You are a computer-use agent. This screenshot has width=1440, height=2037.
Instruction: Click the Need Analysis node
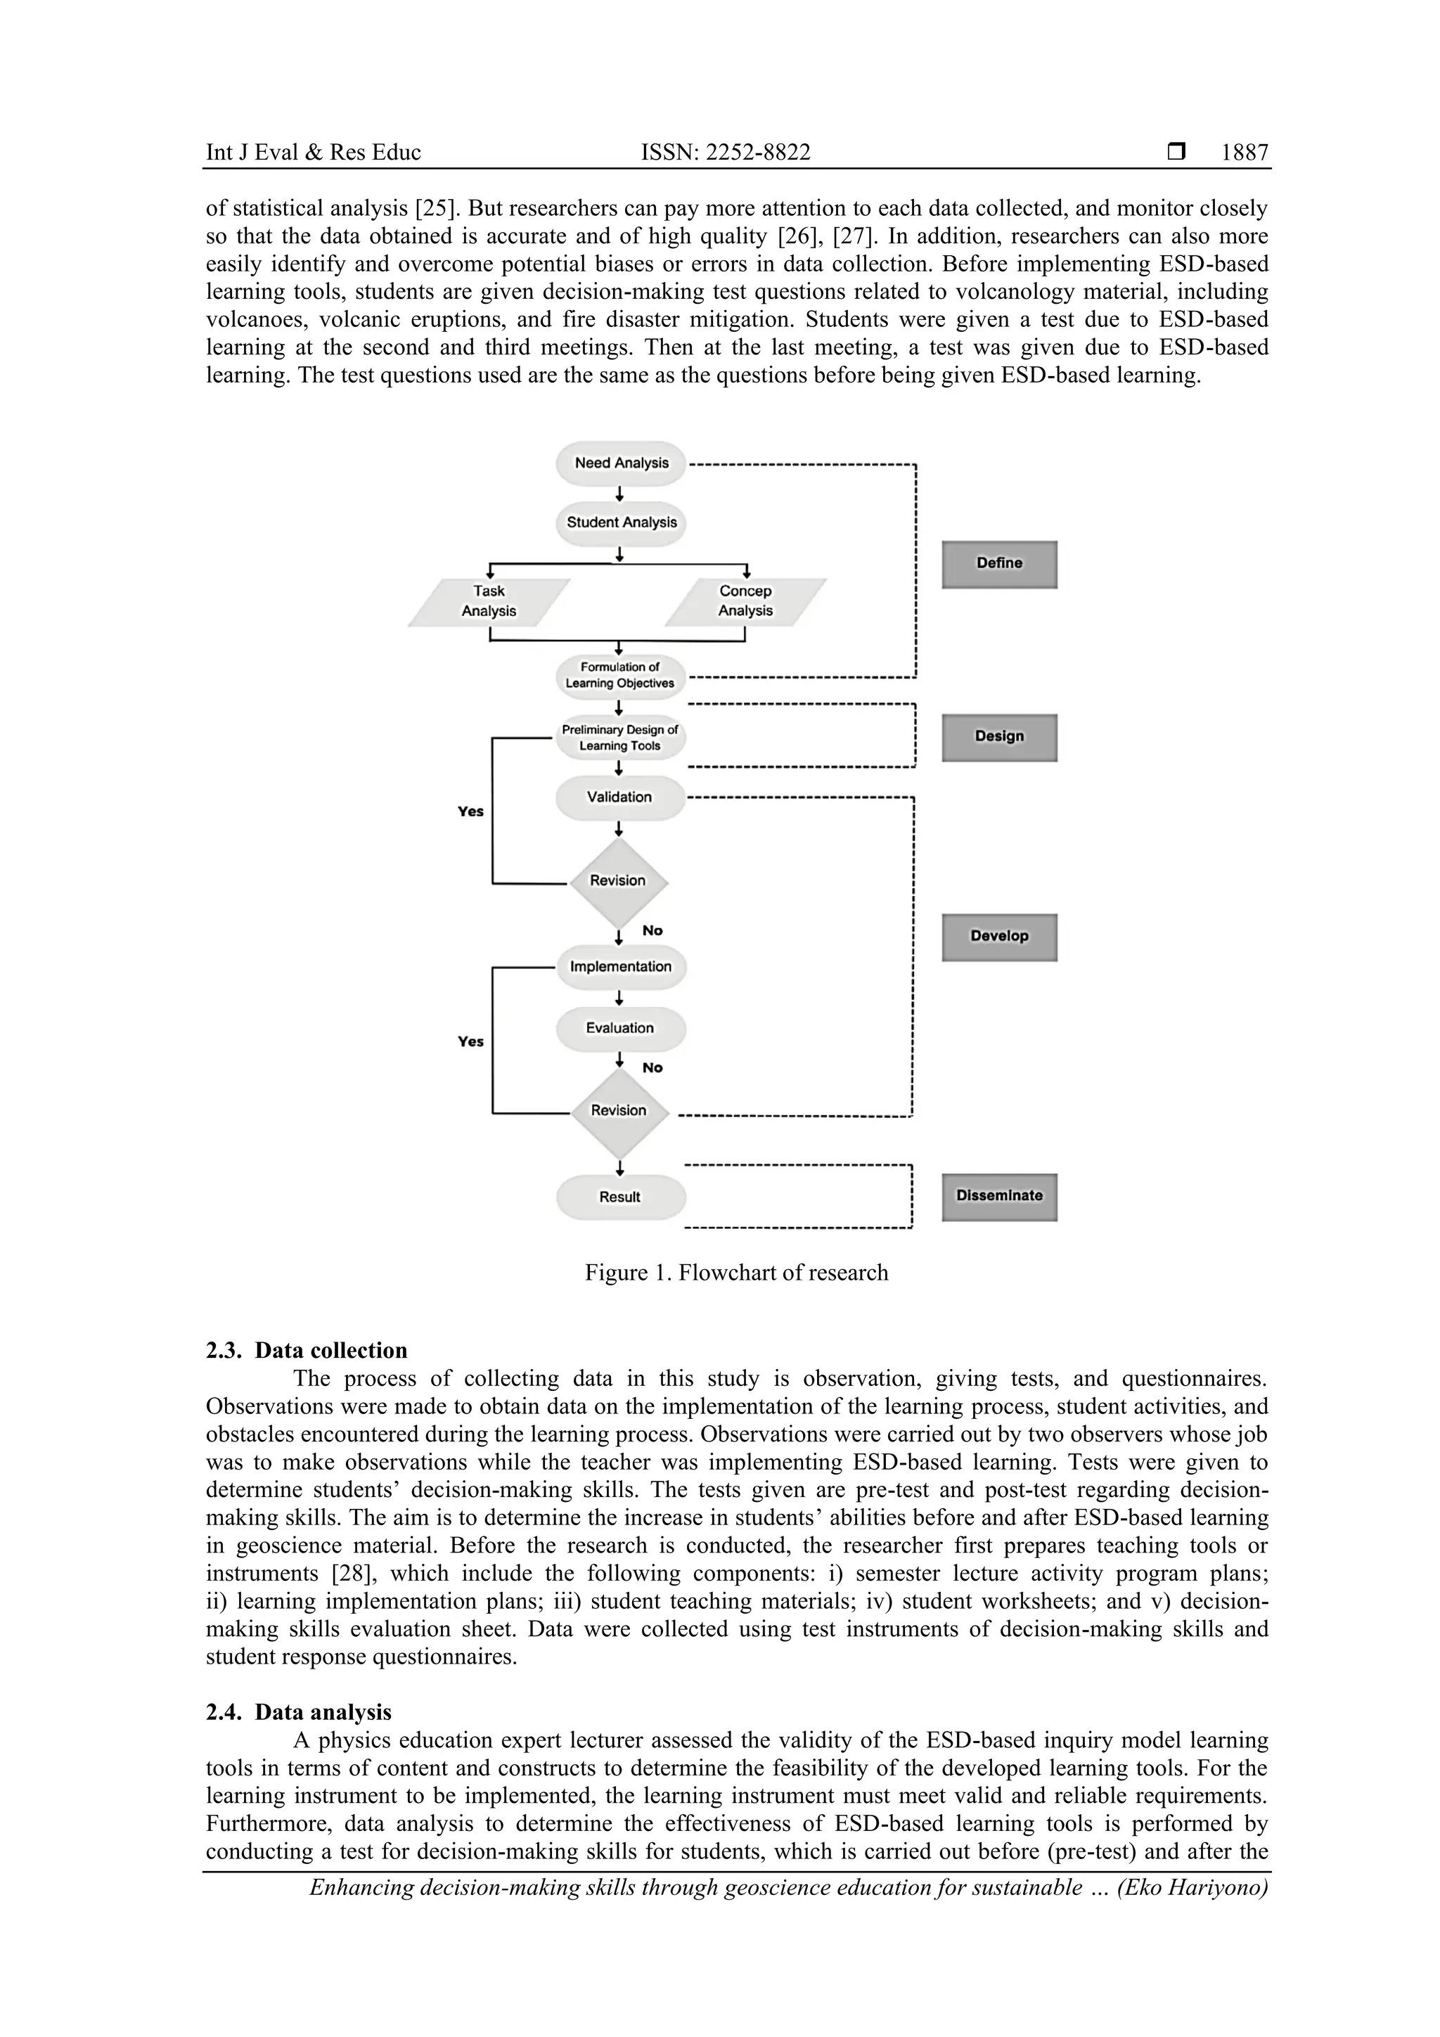[621, 463]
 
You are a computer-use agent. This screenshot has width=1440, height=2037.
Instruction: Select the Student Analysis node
[621, 522]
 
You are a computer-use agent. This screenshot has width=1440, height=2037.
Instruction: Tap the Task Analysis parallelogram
[489, 601]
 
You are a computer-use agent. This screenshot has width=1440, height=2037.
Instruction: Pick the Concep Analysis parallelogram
[745, 601]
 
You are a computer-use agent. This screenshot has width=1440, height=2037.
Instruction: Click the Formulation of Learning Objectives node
[620, 675]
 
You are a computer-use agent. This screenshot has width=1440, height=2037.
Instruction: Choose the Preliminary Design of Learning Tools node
[620, 738]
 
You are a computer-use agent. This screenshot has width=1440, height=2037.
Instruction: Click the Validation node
[620, 797]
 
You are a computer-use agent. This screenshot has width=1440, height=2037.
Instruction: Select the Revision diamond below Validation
[619, 881]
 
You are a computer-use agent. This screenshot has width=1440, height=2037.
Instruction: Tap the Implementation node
[621, 967]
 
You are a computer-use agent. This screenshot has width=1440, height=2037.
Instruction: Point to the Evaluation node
[620, 1028]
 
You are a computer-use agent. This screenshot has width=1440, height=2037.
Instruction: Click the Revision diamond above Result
[619, 1111]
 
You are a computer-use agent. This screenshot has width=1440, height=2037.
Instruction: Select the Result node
[620, 1197]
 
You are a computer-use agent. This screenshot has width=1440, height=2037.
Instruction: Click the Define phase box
[999, 564]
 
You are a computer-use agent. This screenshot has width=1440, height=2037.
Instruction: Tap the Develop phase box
[999, 937]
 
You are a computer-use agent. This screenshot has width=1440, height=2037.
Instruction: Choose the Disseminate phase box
[999, 1197]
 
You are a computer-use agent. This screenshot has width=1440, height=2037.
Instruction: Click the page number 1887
[1244, 153]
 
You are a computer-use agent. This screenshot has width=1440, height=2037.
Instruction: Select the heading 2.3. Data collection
[307, 1350]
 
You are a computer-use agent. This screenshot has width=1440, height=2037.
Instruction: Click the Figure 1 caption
[735, 1273]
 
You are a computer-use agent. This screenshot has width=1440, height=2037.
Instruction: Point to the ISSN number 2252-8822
[725, 153]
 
